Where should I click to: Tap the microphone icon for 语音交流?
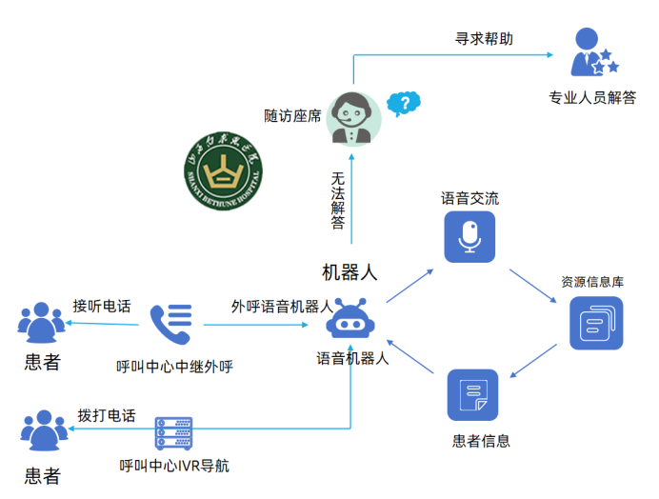(x=469, y=236)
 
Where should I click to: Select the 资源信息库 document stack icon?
(x=595, y=323)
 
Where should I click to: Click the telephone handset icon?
(x=170, y=324)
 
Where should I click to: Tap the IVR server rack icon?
(x=173, y=434)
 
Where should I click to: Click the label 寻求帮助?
(x=484, y=39)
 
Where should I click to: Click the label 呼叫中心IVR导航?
(x=174, y=467)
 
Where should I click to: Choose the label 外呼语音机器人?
(x=282, y=307)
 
